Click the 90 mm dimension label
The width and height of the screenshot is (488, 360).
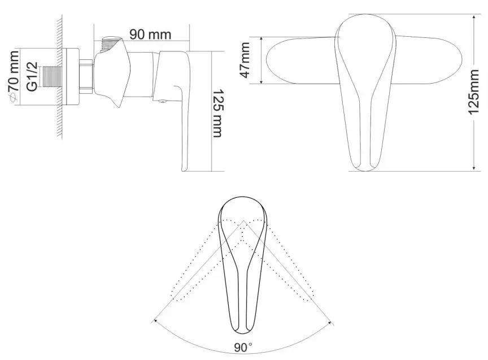[x=150, y=33]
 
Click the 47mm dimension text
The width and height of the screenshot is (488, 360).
[x=245, y=60]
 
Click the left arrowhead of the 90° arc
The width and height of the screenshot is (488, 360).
[x=153, y=322]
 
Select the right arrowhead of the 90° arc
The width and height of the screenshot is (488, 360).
[x=333, y=322]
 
